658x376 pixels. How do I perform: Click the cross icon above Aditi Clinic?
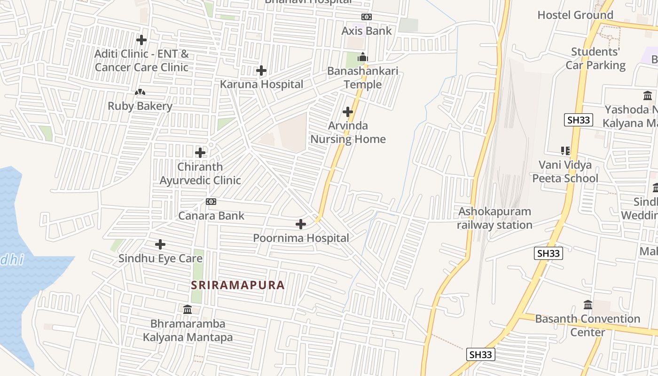pos(141,40)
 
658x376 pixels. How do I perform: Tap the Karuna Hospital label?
pos(261,85)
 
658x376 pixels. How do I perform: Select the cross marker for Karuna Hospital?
pos(261,71)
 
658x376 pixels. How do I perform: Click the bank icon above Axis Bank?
pos(367,17)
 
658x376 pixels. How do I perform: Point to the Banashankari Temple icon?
pos(362,58)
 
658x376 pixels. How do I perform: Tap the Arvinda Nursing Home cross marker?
pos(348,112)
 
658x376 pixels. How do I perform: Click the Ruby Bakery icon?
pos(140,93)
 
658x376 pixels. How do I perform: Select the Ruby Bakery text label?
pos(140,106)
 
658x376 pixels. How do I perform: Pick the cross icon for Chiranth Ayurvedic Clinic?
pos(200,153)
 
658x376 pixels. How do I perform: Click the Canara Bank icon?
pos(211,202)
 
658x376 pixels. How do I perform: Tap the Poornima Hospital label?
pos(301,238)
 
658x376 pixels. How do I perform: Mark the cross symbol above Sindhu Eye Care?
pos(160,244)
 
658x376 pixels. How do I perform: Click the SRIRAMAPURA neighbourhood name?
pos(238,285)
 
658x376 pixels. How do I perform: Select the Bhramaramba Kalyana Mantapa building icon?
pos(188,309)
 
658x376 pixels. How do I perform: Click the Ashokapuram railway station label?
pos(495,218)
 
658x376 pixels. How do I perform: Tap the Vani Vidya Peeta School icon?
pos(565,151)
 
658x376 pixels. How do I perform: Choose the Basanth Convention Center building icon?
pos(587,305)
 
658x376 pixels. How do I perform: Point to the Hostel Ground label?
pos(575,15)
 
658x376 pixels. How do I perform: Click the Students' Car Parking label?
pos(595,58)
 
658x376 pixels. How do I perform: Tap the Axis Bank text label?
pos(367,31)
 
